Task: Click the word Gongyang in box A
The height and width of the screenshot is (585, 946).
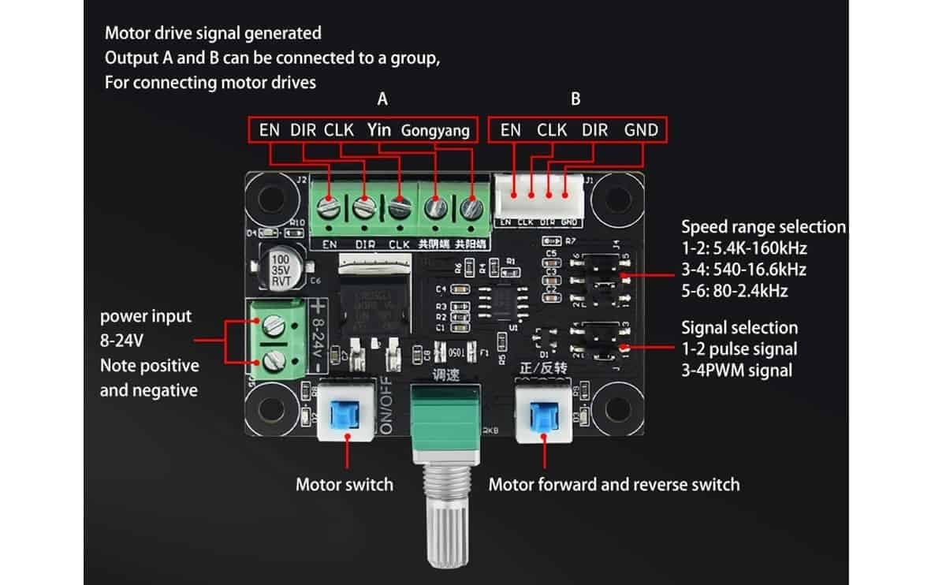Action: (x=436, y=130)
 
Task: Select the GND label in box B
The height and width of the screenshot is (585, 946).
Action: (x=640, y=129)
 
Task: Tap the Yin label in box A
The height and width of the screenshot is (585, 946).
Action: (x=378, y=129)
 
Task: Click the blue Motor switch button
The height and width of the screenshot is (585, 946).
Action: (x=345, y=413)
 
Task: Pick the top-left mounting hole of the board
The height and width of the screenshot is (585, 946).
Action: (x=270, y=199)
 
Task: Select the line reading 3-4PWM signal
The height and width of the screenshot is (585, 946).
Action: (x=736, y=370)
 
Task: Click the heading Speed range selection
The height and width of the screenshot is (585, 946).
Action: (x=762, y=227)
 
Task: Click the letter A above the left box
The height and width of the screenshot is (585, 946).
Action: (x=382, y=99)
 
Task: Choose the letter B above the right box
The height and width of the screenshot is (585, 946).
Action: (x=575, y=99)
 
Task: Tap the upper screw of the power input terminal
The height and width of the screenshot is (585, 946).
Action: (x=274, y=322)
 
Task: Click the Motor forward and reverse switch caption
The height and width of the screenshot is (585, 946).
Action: (x=613, y=484)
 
